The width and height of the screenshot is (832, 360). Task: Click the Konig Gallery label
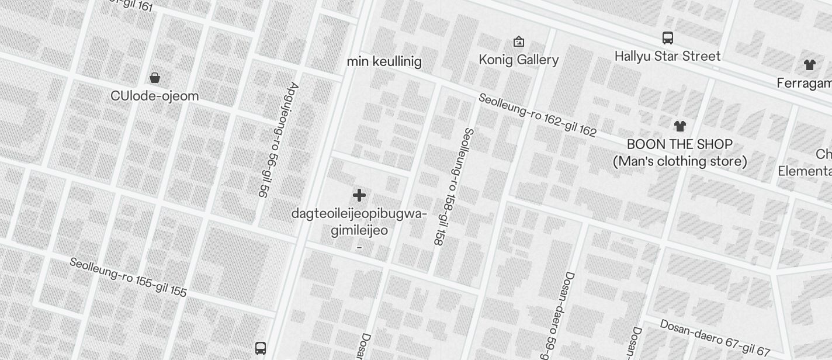point(518,60)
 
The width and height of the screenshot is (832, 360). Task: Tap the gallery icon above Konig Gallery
point(518,41)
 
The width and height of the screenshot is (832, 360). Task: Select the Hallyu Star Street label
point(667,56)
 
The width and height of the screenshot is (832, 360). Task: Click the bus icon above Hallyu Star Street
point(668,38)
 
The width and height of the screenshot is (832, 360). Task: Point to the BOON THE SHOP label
point(680,144)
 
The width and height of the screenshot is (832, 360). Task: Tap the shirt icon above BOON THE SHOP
point(680,126)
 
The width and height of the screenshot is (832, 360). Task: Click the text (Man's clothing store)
point(680,161)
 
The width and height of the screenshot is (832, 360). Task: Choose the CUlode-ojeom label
point(155,96)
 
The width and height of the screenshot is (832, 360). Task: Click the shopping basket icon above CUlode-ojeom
point(155,78)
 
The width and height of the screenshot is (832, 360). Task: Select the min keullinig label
point(384,61)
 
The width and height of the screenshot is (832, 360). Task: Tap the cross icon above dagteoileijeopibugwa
point(359,195)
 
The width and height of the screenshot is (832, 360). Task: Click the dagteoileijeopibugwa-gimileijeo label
point(359,222)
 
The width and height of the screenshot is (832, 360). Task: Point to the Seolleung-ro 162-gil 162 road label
point(537,115)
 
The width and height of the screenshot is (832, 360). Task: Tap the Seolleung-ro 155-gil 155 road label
point(128,277)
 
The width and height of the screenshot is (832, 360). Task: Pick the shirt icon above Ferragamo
point(809,65)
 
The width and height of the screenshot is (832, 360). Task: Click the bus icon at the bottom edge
point(261,348)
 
